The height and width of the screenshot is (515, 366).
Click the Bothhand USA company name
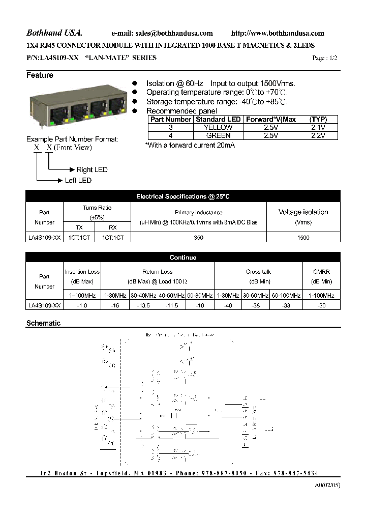51,33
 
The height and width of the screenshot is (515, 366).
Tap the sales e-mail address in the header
162,34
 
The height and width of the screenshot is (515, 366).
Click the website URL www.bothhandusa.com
278,34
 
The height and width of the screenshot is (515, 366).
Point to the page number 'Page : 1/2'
325,58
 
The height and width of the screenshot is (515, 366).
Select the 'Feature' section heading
40,75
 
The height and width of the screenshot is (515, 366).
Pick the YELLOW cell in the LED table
219,127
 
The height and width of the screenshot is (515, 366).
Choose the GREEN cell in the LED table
219,135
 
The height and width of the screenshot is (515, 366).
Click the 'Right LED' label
92,169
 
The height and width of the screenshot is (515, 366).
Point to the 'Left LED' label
78,180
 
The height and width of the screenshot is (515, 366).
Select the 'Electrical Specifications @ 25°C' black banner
183,196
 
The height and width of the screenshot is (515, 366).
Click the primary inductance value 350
198,238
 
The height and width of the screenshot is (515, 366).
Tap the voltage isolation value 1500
303,238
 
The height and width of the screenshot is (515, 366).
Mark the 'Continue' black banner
183,257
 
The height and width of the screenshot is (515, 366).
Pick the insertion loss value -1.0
82,305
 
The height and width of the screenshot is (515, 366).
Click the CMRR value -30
322,305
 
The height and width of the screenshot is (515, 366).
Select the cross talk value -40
228,305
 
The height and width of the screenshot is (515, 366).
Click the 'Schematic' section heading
43,323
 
